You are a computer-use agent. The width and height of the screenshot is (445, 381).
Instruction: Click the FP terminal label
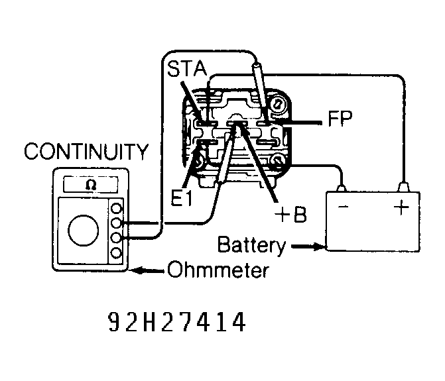pyautogui.click(x=339, y=121)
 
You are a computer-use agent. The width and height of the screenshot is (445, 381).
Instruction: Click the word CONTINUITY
pyautogui.click(x=86, y=152)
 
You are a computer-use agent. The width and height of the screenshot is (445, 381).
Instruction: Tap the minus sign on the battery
pyautogui.click(x=342, y=207)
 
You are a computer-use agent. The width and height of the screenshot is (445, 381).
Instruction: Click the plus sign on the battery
pyautogui.click(x=401, y=207)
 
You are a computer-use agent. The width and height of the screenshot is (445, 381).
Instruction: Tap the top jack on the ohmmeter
pyautogui.click(x=117, y=208)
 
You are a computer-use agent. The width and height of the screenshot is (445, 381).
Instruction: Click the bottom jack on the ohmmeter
pyautogui.click(x=117, y=253)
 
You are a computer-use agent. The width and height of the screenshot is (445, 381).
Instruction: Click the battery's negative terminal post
pyautogui.click(x=342, y=188)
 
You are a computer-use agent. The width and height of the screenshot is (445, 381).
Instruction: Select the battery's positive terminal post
pyautogui.click(x=401, y=188)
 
